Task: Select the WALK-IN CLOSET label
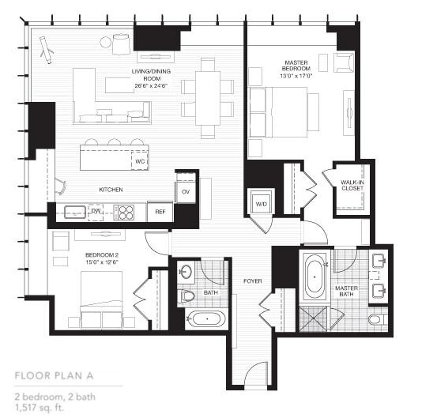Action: coord(352,185)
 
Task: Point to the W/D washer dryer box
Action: coord(260,202)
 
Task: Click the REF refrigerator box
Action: coord(160,212)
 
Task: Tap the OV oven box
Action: coord(186,192)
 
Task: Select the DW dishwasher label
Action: coord(95,212)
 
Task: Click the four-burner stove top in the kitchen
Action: coord(125,212)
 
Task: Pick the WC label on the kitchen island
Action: coord(140,160)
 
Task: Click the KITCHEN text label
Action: coord(110,190)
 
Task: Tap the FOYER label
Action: coord(252,280)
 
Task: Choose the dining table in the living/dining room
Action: coord(208,96)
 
